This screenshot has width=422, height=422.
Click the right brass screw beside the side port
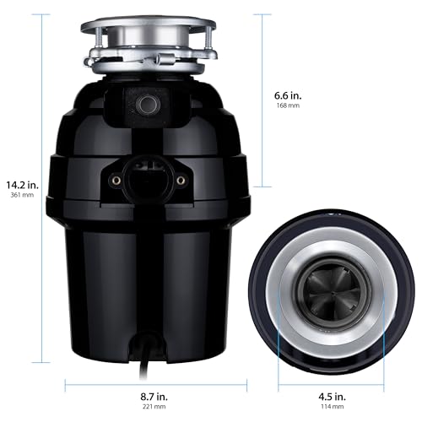pos(181,180)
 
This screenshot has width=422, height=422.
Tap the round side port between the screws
pos(147,178)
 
